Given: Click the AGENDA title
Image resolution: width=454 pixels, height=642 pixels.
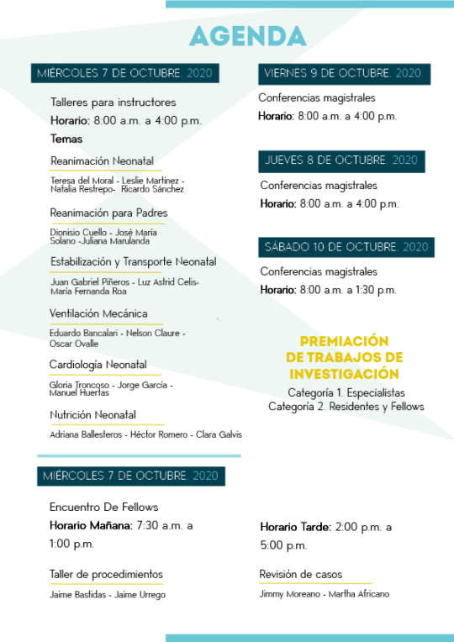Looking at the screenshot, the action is point(248,36).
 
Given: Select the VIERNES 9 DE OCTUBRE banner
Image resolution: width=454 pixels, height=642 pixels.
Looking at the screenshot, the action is point(344,74).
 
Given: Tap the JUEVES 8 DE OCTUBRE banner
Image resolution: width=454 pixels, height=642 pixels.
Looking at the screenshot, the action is point(341,161).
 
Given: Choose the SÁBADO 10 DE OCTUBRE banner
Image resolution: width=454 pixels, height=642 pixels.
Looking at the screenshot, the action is point(346,247).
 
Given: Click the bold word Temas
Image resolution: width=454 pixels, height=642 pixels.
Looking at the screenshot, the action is point(66,139).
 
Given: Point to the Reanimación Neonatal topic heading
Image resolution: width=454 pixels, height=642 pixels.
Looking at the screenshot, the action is point(102,160).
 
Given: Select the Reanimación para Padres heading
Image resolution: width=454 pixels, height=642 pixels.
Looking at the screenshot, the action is point(108,213).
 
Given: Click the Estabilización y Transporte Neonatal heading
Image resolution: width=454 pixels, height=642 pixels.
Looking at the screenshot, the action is point(133,261).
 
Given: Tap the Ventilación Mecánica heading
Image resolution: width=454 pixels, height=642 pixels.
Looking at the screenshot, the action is point(98,313).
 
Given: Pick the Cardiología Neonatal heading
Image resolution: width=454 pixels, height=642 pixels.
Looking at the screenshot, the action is point(98,365).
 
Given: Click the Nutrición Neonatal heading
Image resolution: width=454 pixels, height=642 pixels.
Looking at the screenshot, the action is point(92,415).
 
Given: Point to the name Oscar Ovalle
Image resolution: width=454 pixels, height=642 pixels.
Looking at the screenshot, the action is point(74,344).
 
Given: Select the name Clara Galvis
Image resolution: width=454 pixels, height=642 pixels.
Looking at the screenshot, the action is point(219,434).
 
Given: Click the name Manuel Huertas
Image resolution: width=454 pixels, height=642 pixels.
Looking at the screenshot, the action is point(79,392).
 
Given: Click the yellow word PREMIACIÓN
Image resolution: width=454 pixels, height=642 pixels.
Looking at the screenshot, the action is point(344,341).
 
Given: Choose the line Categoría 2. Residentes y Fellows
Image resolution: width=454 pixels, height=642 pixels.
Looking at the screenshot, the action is point(346,407).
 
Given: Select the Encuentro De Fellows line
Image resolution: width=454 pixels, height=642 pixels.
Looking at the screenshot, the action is point(103,508).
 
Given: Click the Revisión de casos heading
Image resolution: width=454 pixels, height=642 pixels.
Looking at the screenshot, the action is point(301,575).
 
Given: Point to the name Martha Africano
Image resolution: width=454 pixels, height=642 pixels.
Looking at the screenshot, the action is point(359,594).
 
